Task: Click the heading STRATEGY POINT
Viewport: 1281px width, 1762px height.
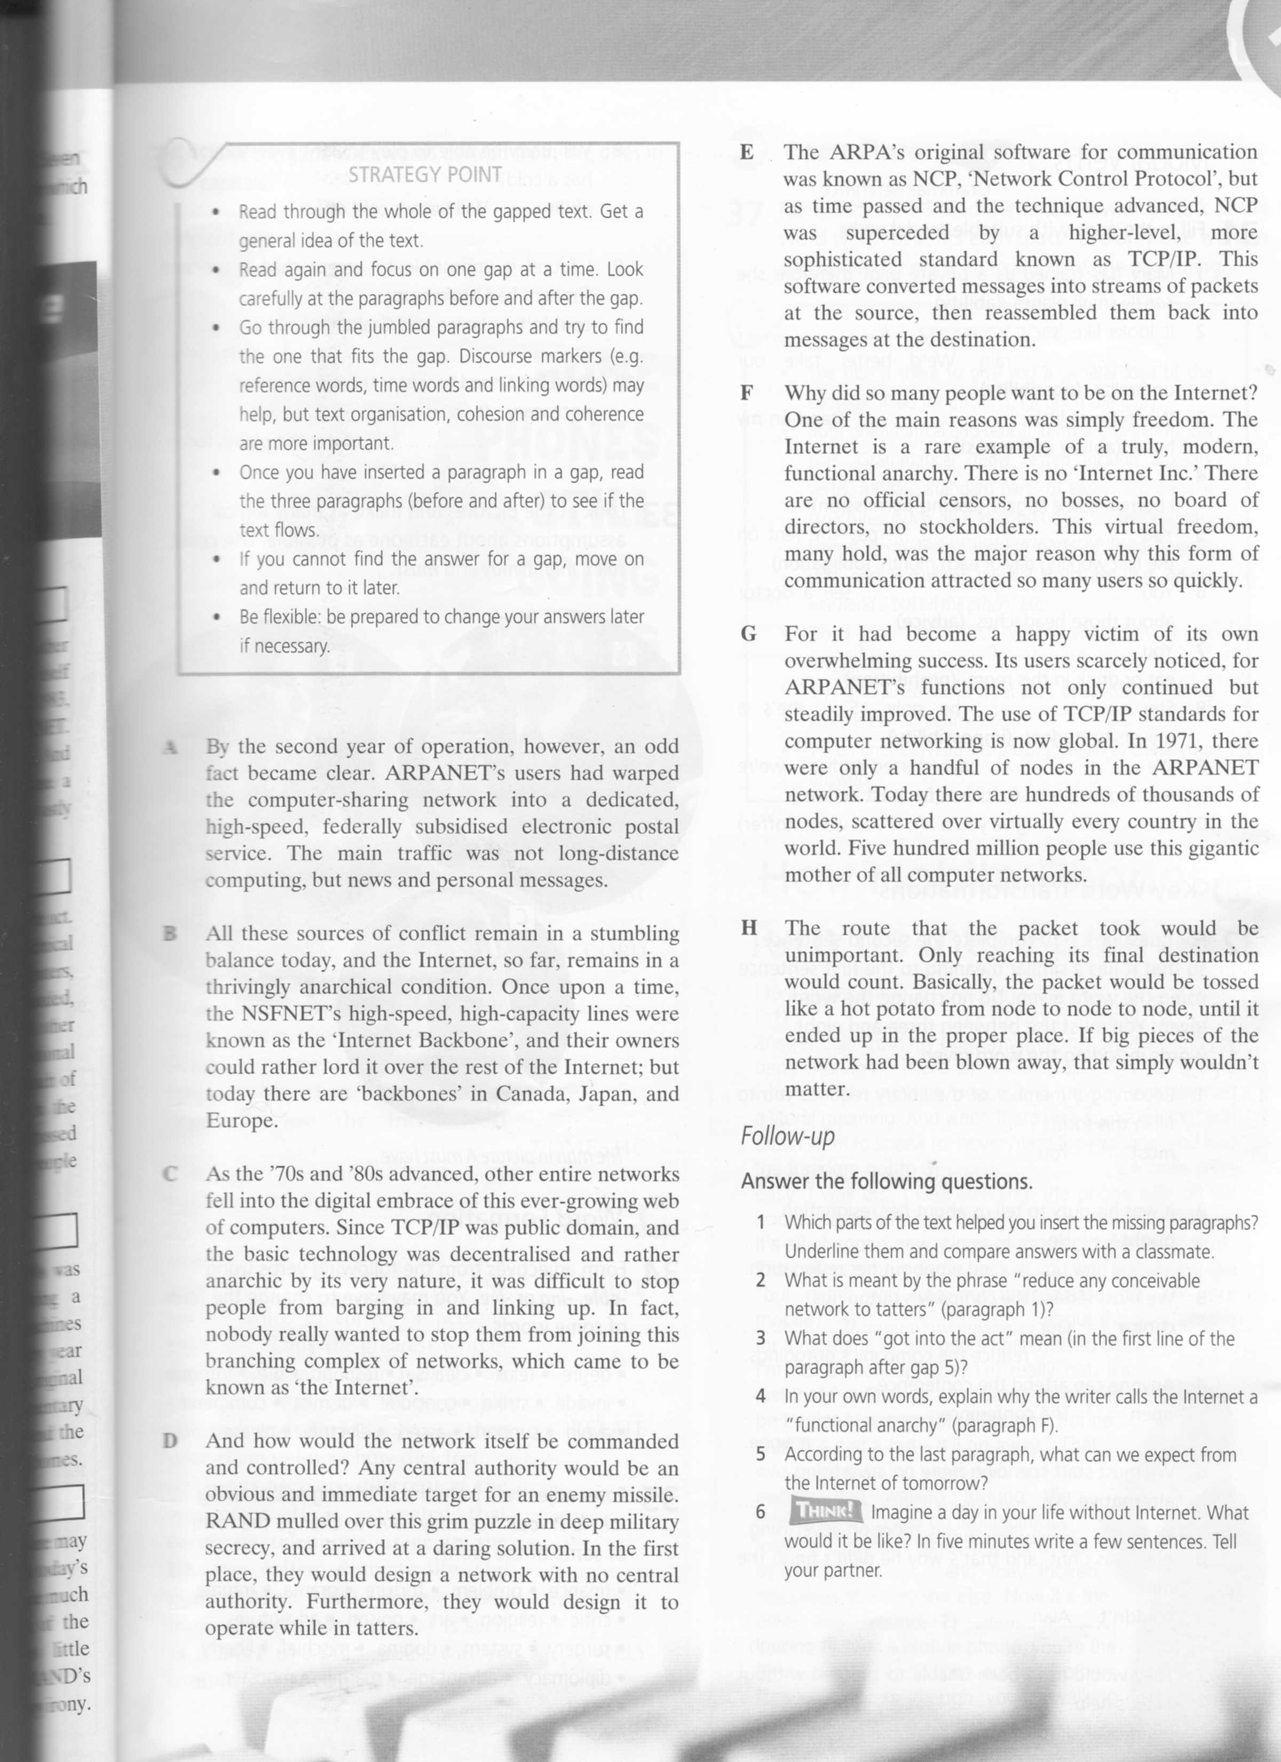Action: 424,175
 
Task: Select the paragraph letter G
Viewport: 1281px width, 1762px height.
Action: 748,633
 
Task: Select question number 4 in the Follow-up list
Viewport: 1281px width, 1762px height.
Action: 761,1395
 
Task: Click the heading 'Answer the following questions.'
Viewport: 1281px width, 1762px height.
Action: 887,1182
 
